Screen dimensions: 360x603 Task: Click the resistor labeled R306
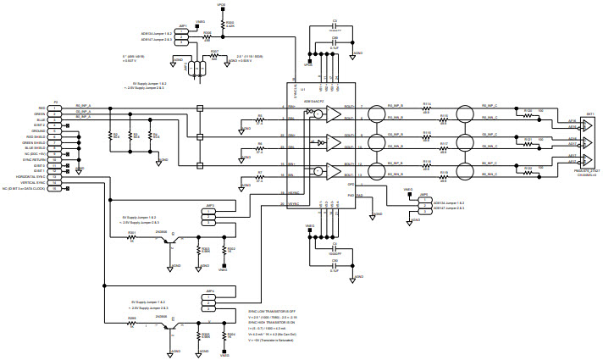coord(207,38)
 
